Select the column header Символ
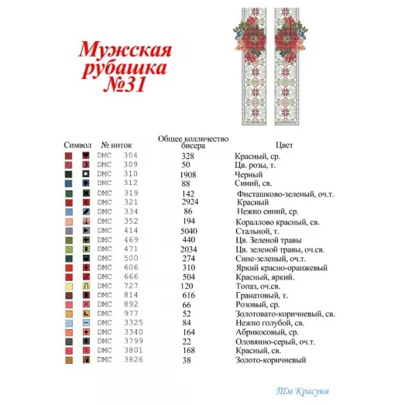coord(77,145)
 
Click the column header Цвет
coord(283,145)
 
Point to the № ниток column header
coord(116,145)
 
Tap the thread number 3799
coord(130,340)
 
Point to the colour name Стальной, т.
coord(257,230)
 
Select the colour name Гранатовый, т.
coord(261,295)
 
